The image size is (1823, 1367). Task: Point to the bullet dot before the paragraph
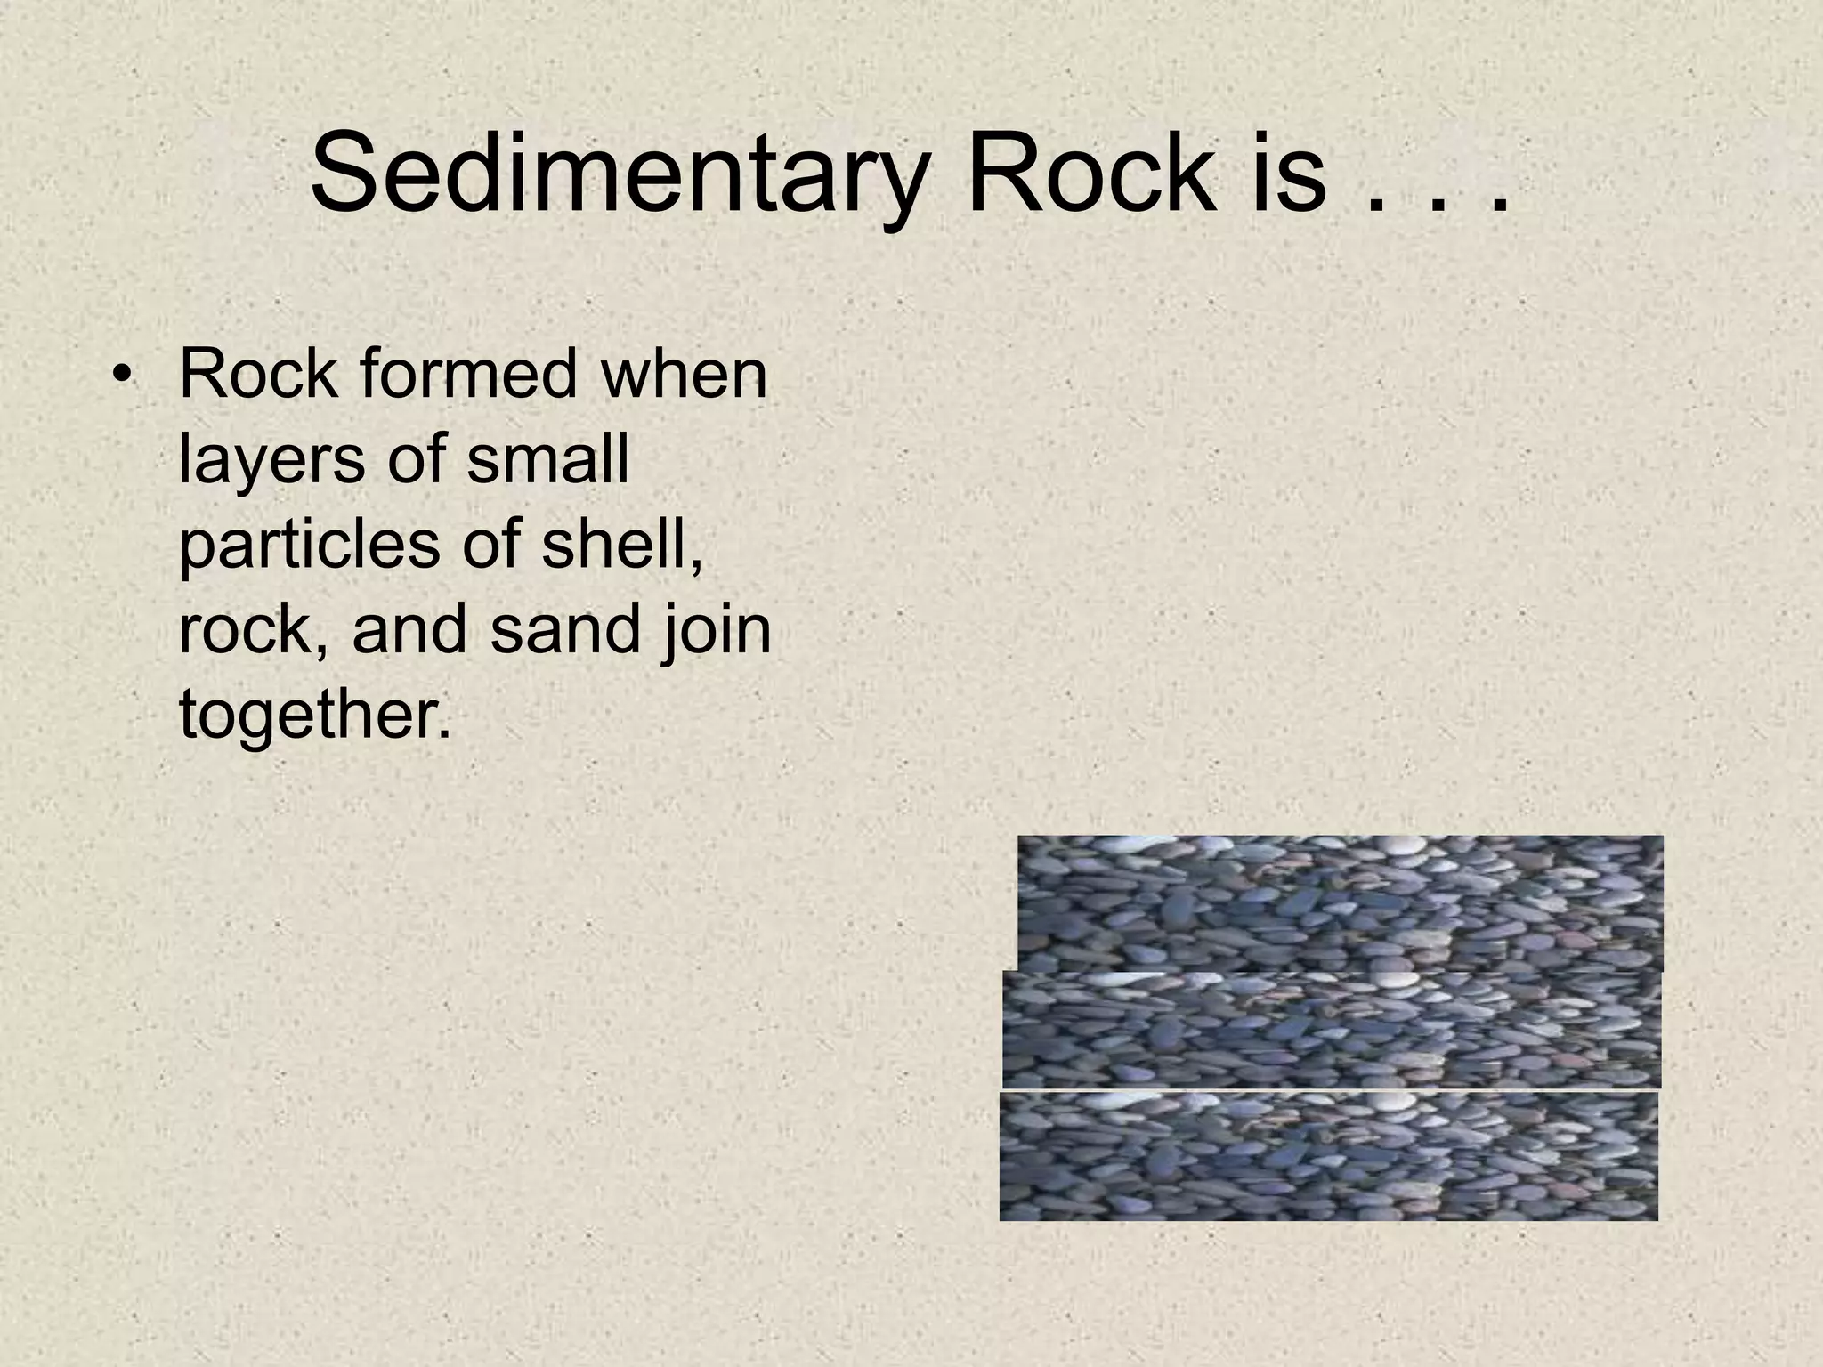122,377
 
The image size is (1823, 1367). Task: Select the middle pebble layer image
1331,1029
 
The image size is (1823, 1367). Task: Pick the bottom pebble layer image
1328,1156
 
